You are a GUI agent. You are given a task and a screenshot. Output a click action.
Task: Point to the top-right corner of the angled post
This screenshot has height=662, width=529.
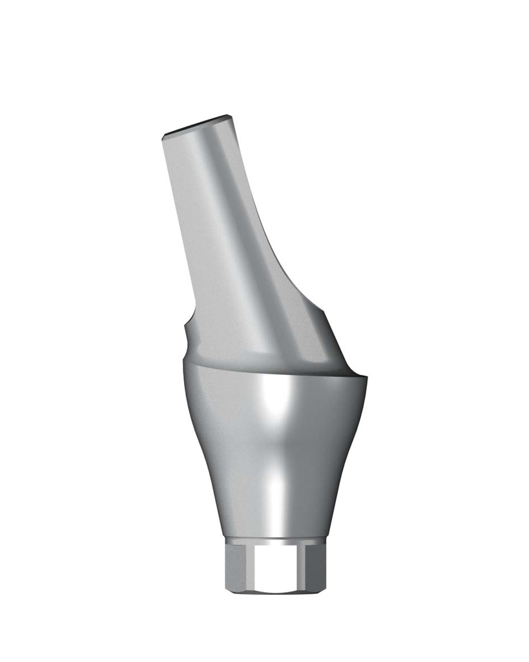[x=230, y=116]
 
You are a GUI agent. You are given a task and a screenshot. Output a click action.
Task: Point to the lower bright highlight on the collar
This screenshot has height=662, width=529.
[x=276, y=491]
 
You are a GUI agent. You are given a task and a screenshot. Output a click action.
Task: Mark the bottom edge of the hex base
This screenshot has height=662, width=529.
[x=275, y=591]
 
